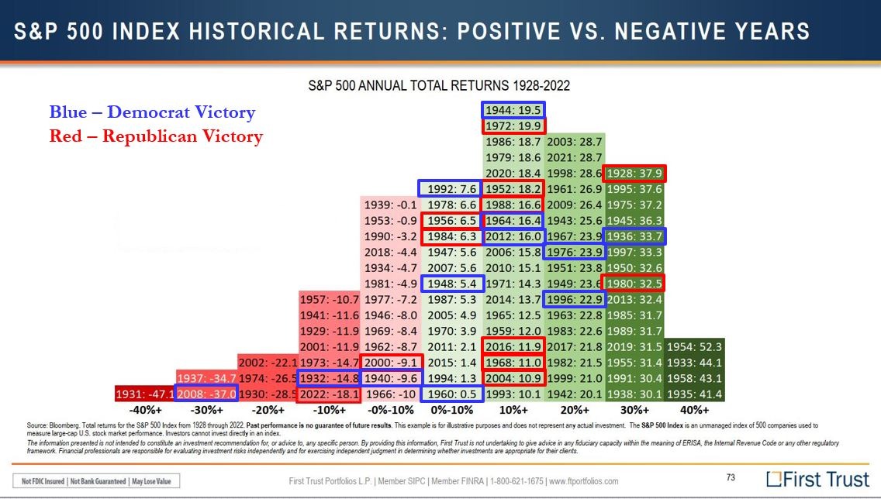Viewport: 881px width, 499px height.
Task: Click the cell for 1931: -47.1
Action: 145,394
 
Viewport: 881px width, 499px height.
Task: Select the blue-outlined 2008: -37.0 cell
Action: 206,394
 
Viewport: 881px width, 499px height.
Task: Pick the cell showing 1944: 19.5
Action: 513,110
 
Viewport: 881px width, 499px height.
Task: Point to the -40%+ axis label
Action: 145,410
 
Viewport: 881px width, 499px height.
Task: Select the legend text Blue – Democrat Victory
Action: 152,112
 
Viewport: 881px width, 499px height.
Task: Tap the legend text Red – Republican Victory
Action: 156,136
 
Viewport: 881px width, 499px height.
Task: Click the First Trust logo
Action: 817,479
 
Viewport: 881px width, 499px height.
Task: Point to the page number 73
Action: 731,478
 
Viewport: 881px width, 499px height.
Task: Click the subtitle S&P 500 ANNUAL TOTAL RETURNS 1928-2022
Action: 440,84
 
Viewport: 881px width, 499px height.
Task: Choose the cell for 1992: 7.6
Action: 451,188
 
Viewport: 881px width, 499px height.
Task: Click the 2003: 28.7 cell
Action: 575,142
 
